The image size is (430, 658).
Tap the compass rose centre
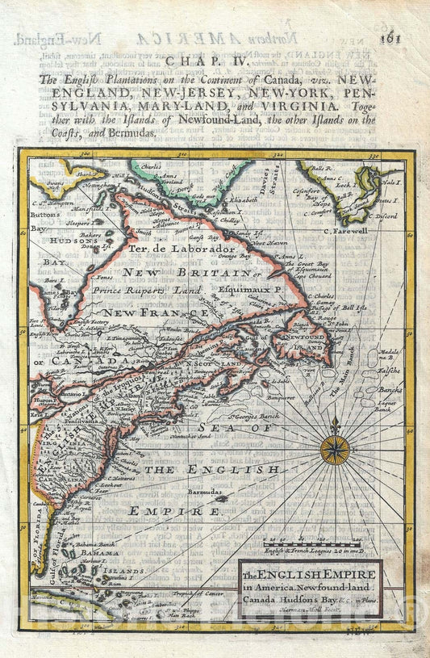coord(335,450)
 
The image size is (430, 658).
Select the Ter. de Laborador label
coord(182,249)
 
